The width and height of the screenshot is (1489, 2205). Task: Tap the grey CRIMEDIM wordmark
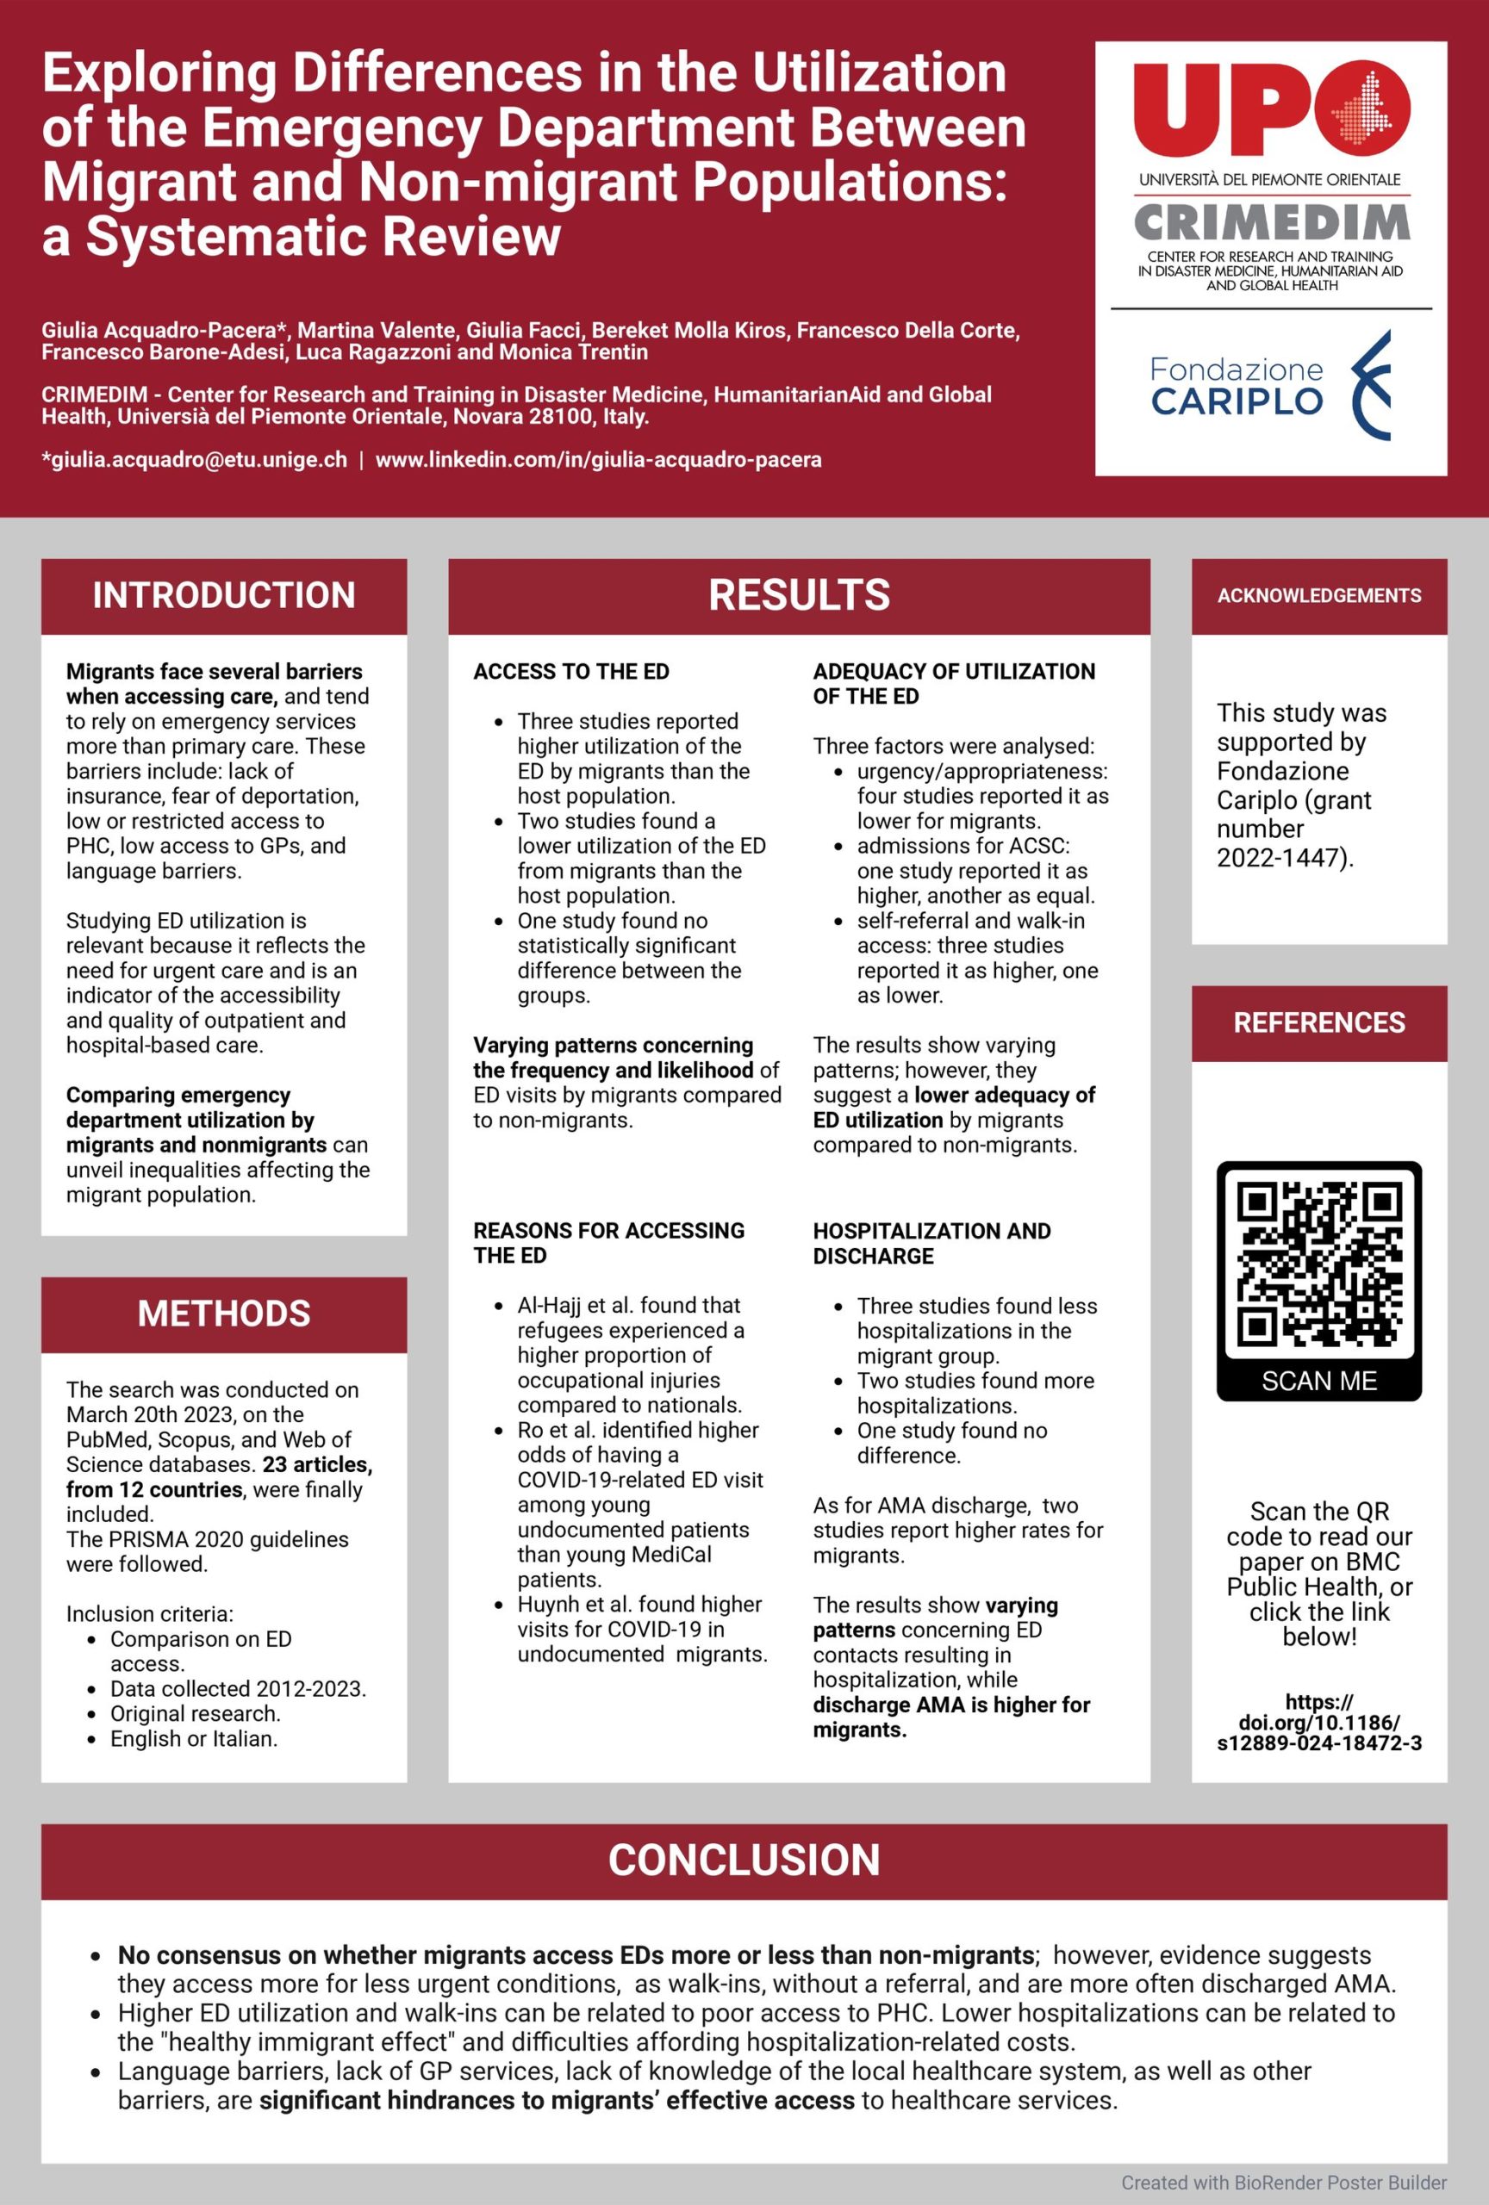click(1271, 223)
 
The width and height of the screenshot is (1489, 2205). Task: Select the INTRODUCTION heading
click(224, 596)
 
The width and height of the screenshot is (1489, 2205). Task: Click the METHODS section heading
click(224, 1314)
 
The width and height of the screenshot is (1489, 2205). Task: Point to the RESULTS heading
click(799, 596)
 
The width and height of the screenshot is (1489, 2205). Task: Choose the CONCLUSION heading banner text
click(744, 1860)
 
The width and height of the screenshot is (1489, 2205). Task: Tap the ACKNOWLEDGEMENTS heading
click(1319, 596)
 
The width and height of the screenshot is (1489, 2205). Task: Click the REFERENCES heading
click(1319, 1022)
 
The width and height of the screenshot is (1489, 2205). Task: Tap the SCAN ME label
click(1319, 1382)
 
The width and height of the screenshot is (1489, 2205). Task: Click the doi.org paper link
click(1319, 1722)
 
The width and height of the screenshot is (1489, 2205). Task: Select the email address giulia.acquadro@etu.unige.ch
click(195, 460)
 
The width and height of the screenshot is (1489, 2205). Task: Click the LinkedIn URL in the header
click(599, 460)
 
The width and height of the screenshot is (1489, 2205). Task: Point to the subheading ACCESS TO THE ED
click(571, 672)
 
